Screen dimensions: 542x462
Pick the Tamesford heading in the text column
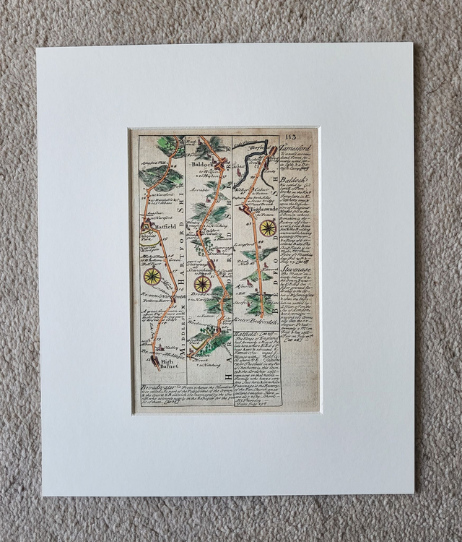297,147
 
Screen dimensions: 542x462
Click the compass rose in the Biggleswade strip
268,228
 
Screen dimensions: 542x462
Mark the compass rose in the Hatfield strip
152,277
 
